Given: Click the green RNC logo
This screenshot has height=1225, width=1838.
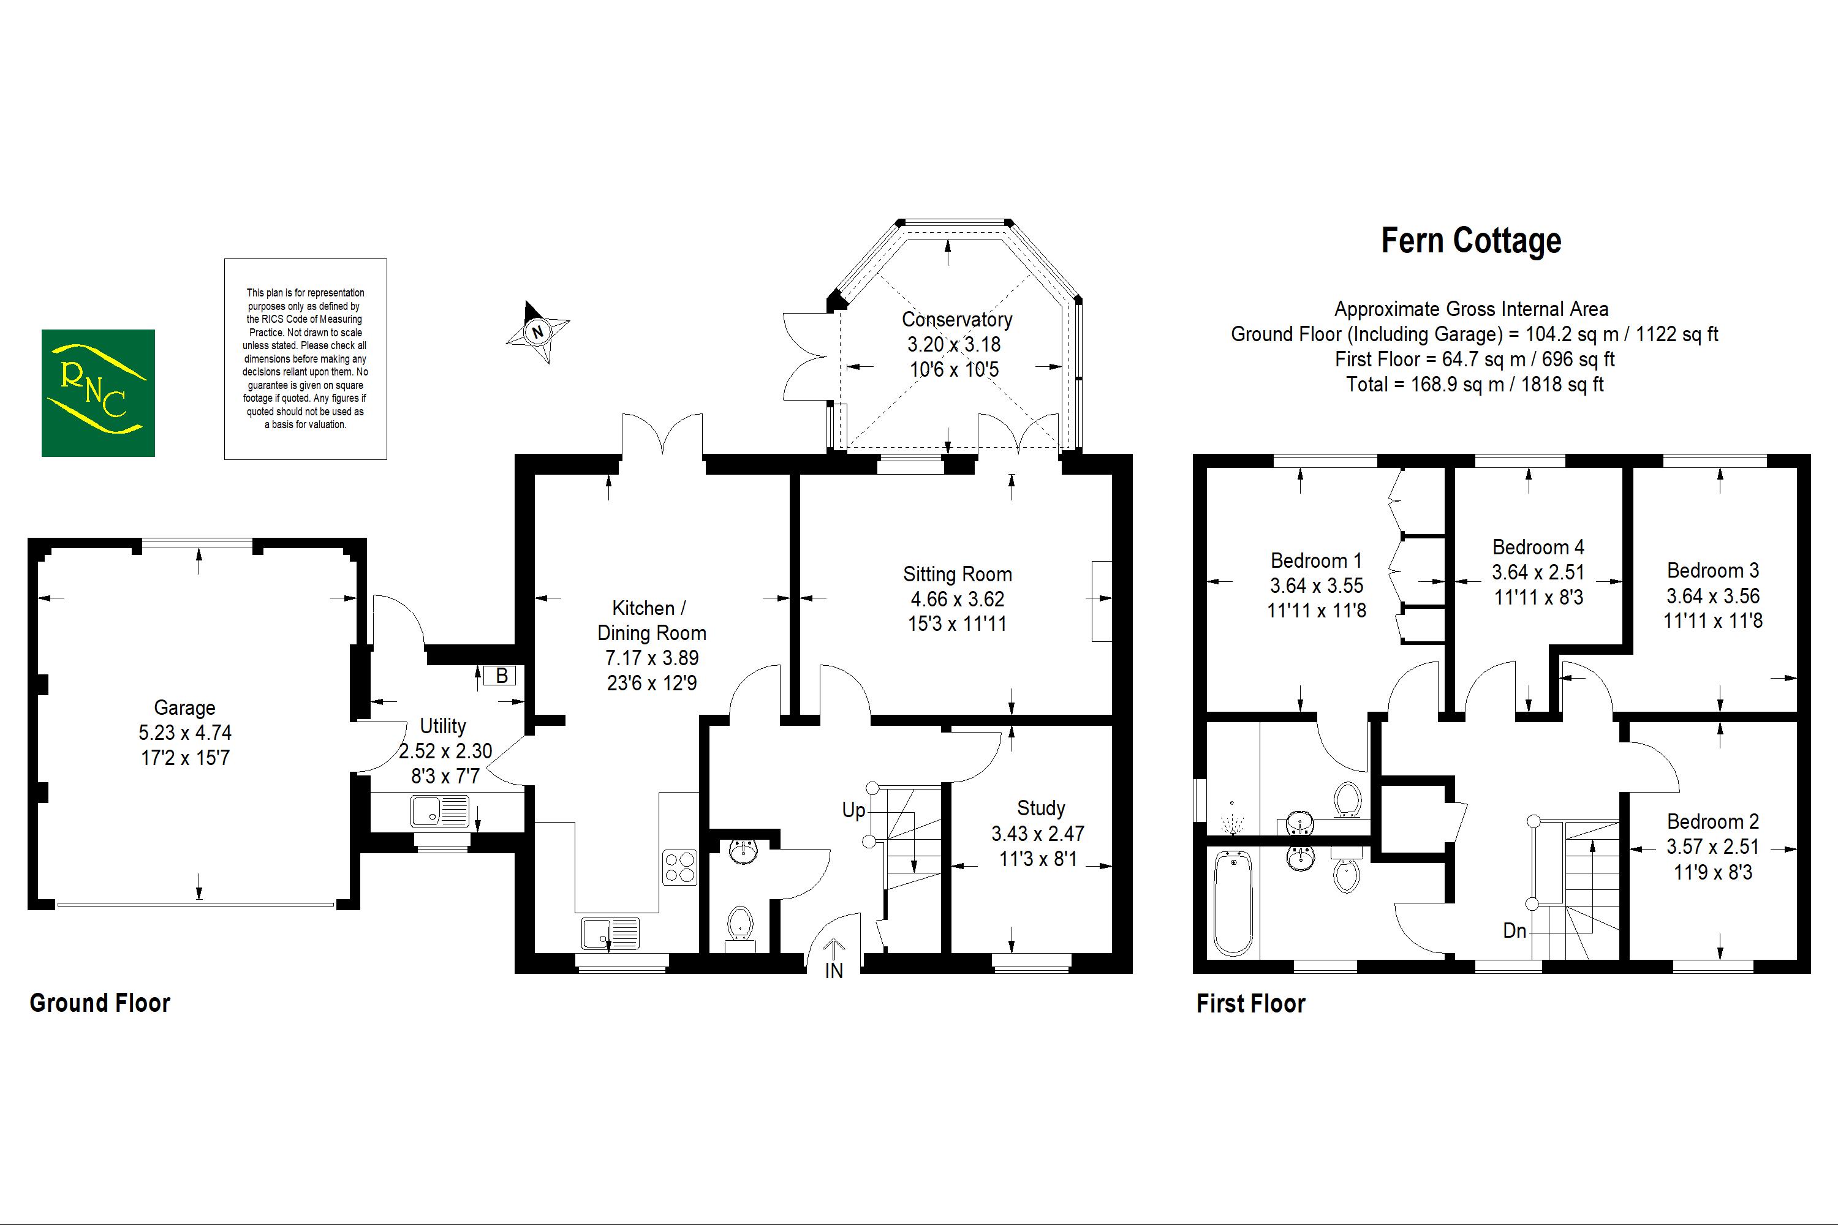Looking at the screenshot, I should pos(97,393).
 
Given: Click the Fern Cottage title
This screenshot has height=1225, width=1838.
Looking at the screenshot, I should pos(1471,241).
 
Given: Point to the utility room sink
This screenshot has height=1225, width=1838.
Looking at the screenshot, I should pos(439,811).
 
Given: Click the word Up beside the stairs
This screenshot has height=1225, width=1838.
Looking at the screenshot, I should pos(853,810).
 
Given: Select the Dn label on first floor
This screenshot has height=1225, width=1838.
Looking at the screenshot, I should pos(1515,930).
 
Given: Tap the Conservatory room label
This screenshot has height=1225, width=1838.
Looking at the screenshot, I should pos(956,320).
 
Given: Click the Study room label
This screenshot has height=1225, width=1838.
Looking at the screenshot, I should pos(1040,808).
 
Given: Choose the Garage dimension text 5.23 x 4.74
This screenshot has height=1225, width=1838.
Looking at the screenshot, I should pos(185,733).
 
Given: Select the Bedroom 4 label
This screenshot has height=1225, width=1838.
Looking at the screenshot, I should pos(1537,547).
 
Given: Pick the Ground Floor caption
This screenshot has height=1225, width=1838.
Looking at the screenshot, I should pos(100,1003).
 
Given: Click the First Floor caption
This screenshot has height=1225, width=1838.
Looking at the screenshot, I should pos(1250,1004).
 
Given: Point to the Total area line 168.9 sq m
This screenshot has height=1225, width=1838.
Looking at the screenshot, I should pos(1474,385).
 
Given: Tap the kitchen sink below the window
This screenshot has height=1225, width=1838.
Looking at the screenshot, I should pos(610,933).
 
